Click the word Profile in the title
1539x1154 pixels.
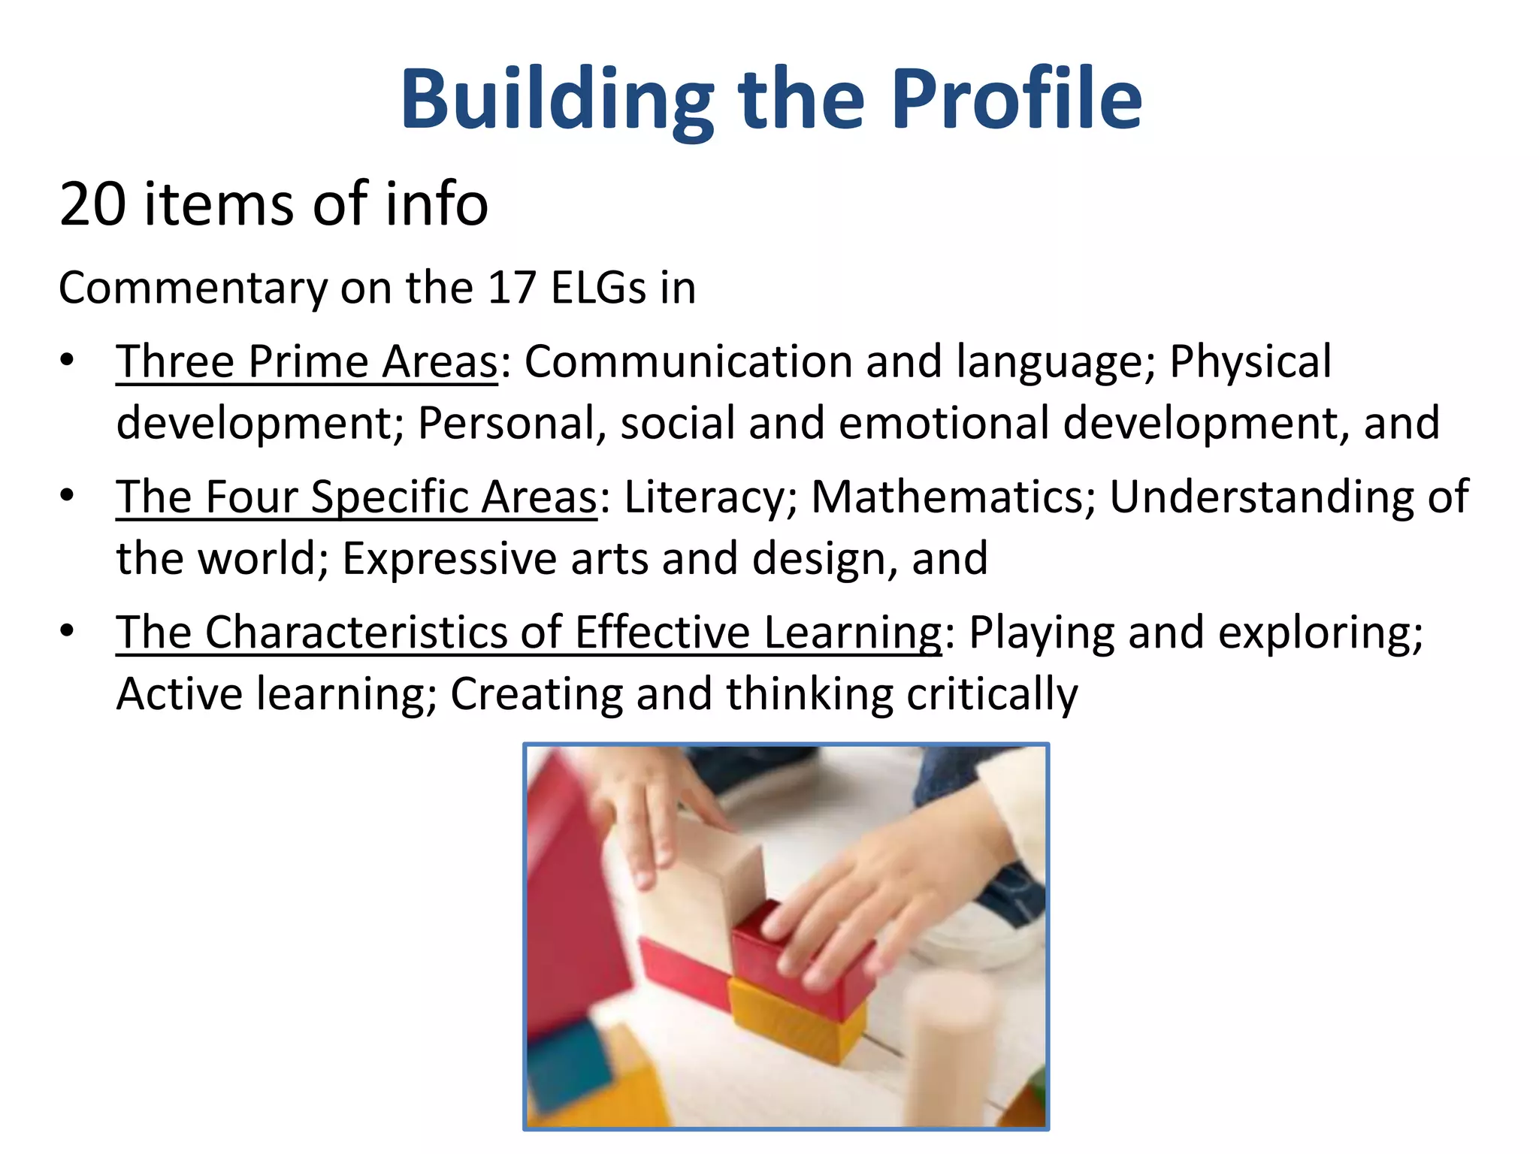[1017, 99]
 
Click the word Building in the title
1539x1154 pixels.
[558, 101]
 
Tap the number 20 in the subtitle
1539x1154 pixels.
[92, 204]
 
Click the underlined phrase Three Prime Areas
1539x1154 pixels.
[307, 361]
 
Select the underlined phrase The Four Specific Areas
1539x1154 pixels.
[356, 497]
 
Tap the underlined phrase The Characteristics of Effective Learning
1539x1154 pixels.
[528, 632]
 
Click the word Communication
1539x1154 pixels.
[688, 361]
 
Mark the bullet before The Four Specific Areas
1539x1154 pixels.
[68, 495]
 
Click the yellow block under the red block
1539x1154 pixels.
[797, 1018]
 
